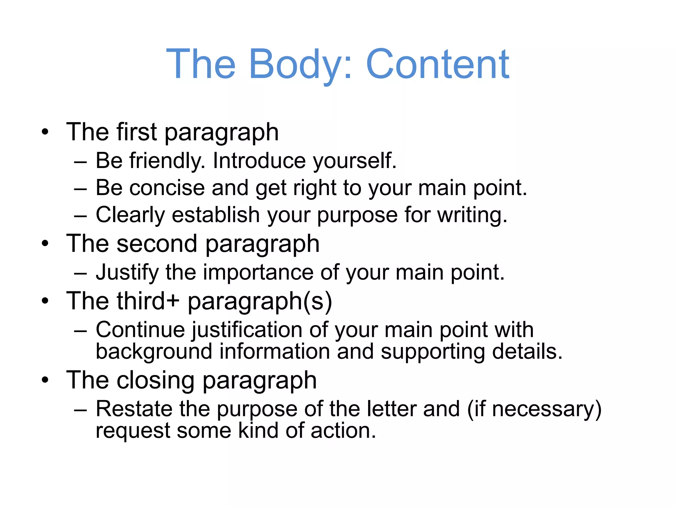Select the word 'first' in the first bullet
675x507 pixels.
(136, 132)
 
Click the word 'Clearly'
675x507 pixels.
(130, 215)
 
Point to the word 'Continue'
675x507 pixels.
(140, 330)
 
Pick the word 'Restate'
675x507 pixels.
(134, 409)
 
